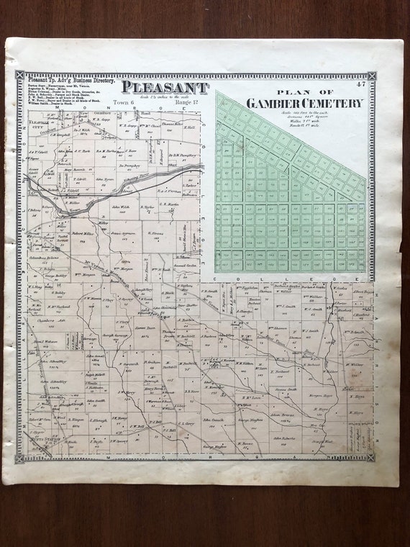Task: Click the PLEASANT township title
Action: (x=165, y=87)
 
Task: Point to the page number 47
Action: (x=360, y=84)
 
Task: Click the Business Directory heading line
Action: (x=65, y=81)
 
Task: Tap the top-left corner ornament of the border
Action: (x=19, y=75)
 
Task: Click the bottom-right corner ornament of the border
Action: (x=371, y=457)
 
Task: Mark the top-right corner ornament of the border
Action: (x=371, y=76)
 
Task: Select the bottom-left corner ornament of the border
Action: (x=19, y=458)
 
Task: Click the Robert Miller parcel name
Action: (x=83, y=234)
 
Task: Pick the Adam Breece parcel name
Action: (x=283, y=415)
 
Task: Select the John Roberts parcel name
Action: (x=284, y=437)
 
